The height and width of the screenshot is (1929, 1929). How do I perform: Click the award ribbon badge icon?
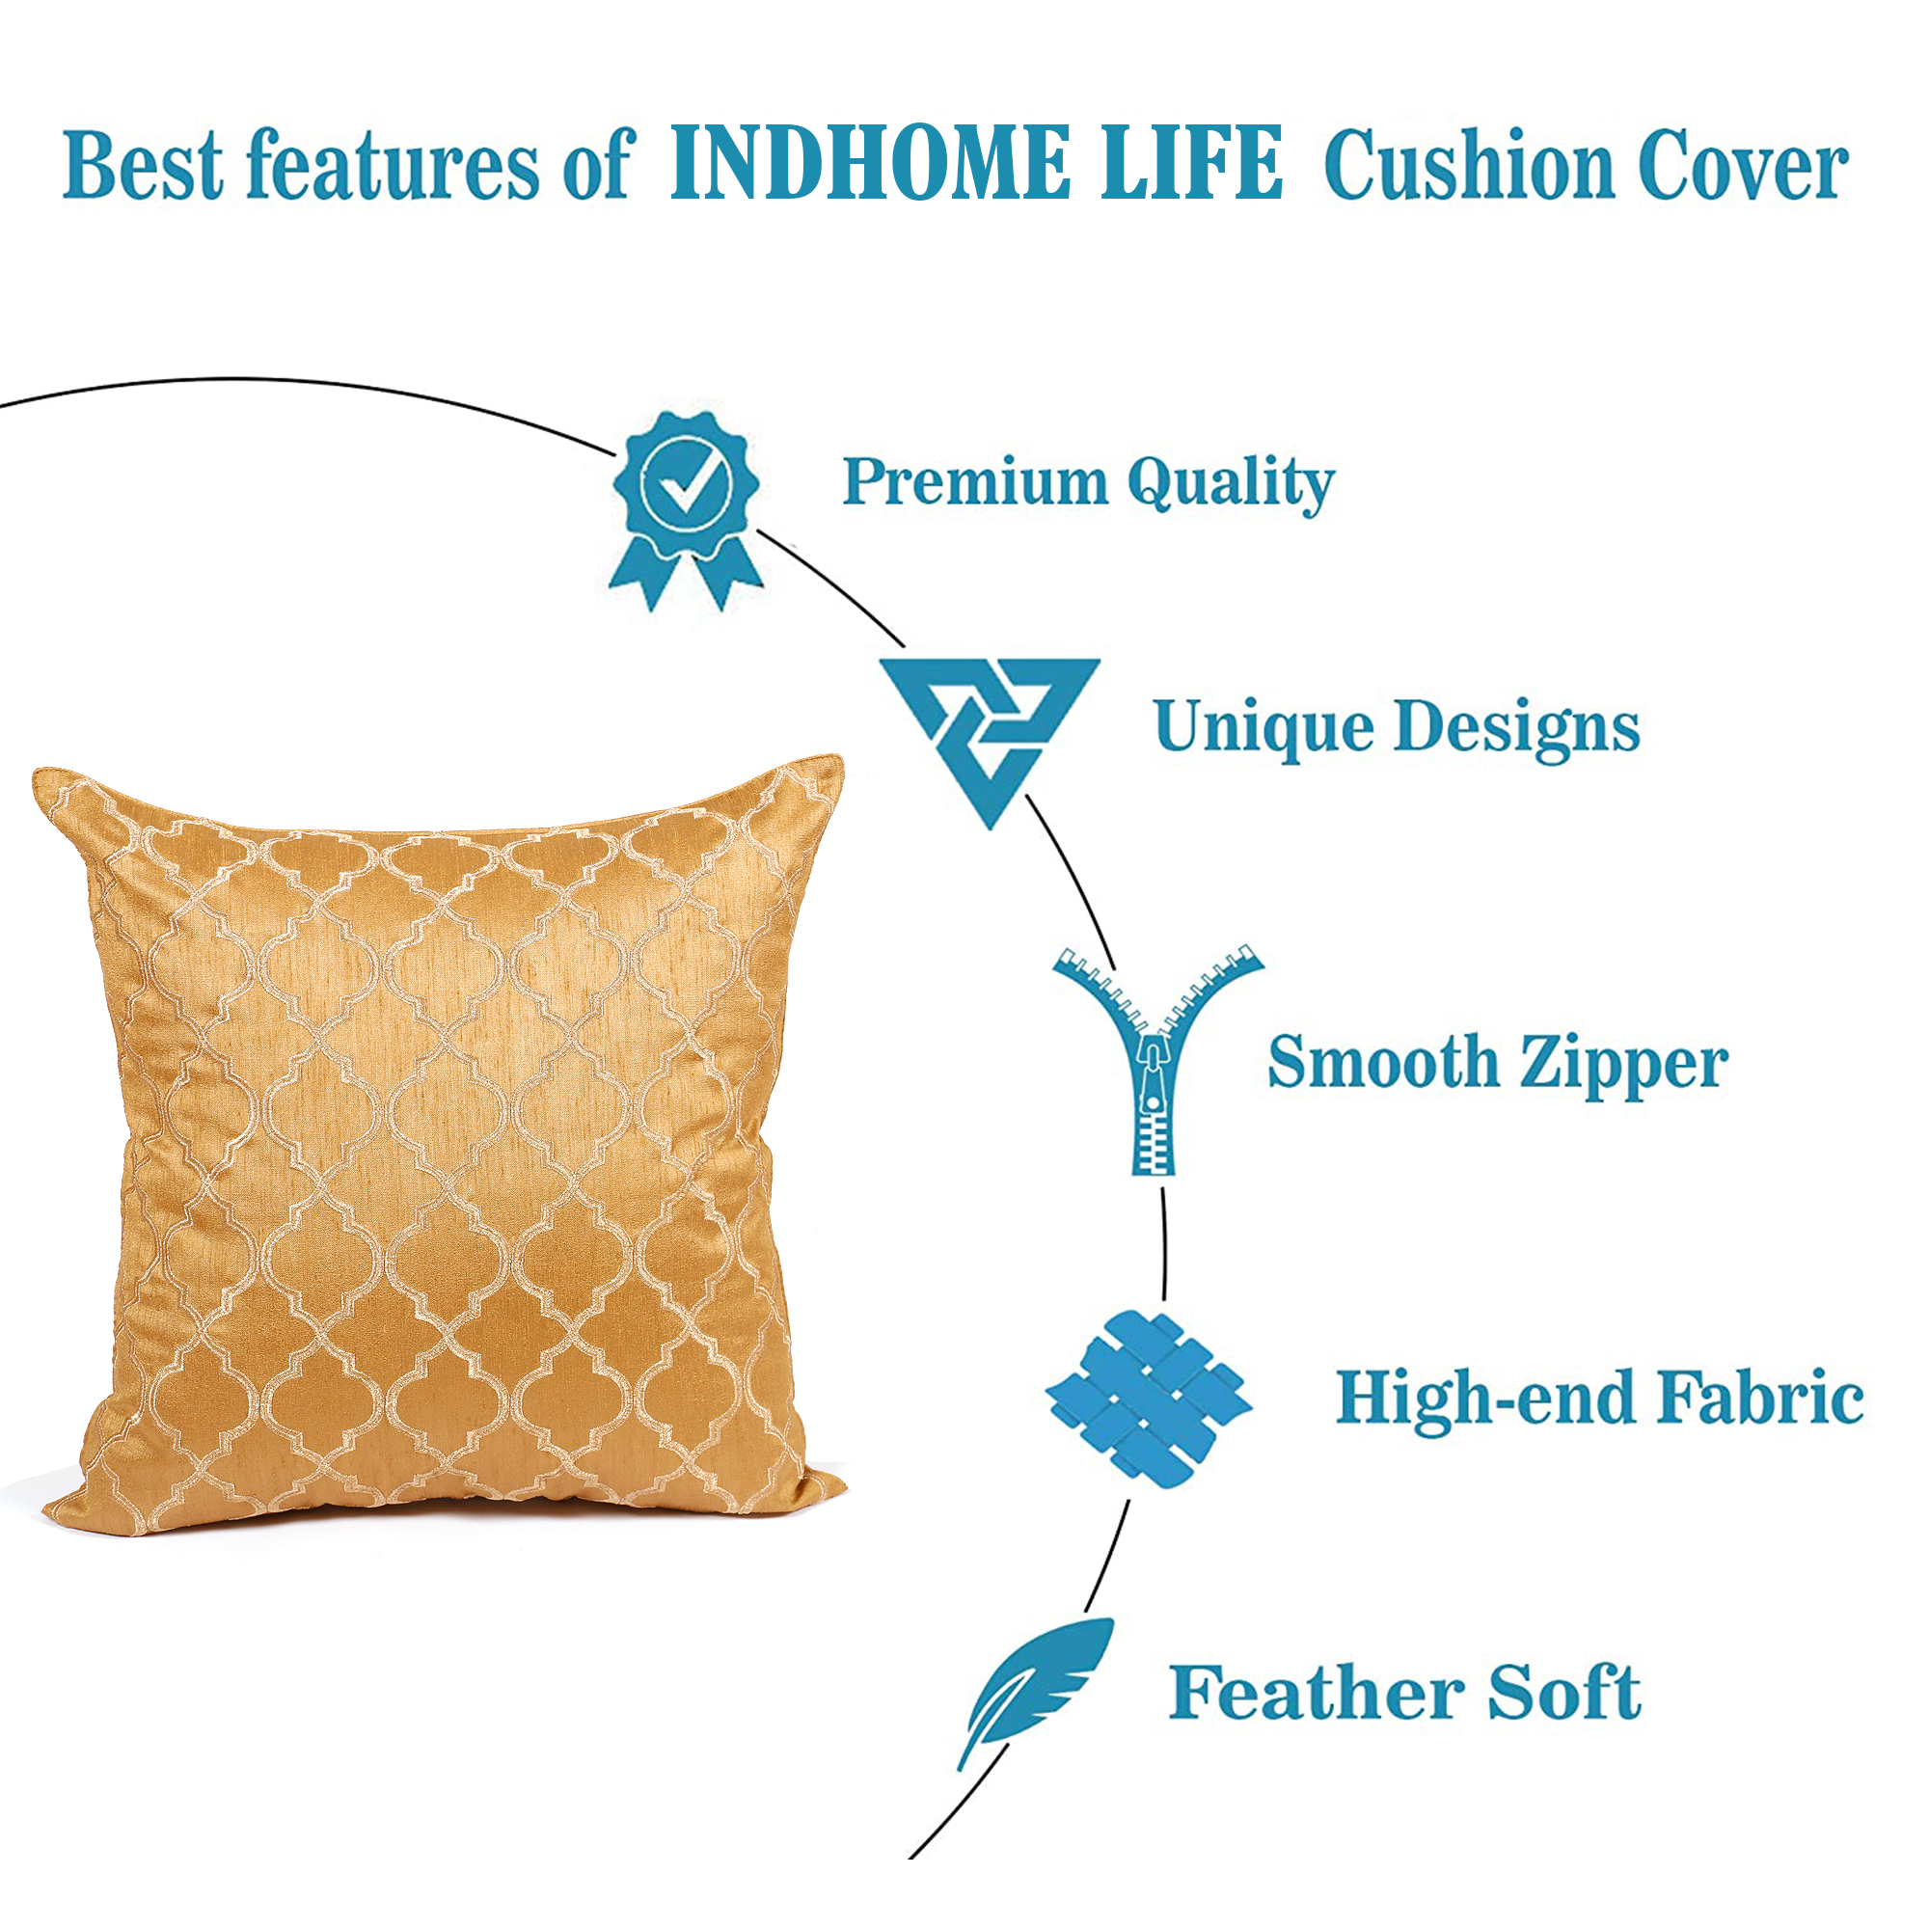686,510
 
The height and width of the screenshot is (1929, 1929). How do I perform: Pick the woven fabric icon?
1148,1400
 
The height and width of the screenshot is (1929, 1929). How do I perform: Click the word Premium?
975,482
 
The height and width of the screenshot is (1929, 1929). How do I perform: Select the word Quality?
1231,485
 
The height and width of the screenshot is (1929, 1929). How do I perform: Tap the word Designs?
1516,728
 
